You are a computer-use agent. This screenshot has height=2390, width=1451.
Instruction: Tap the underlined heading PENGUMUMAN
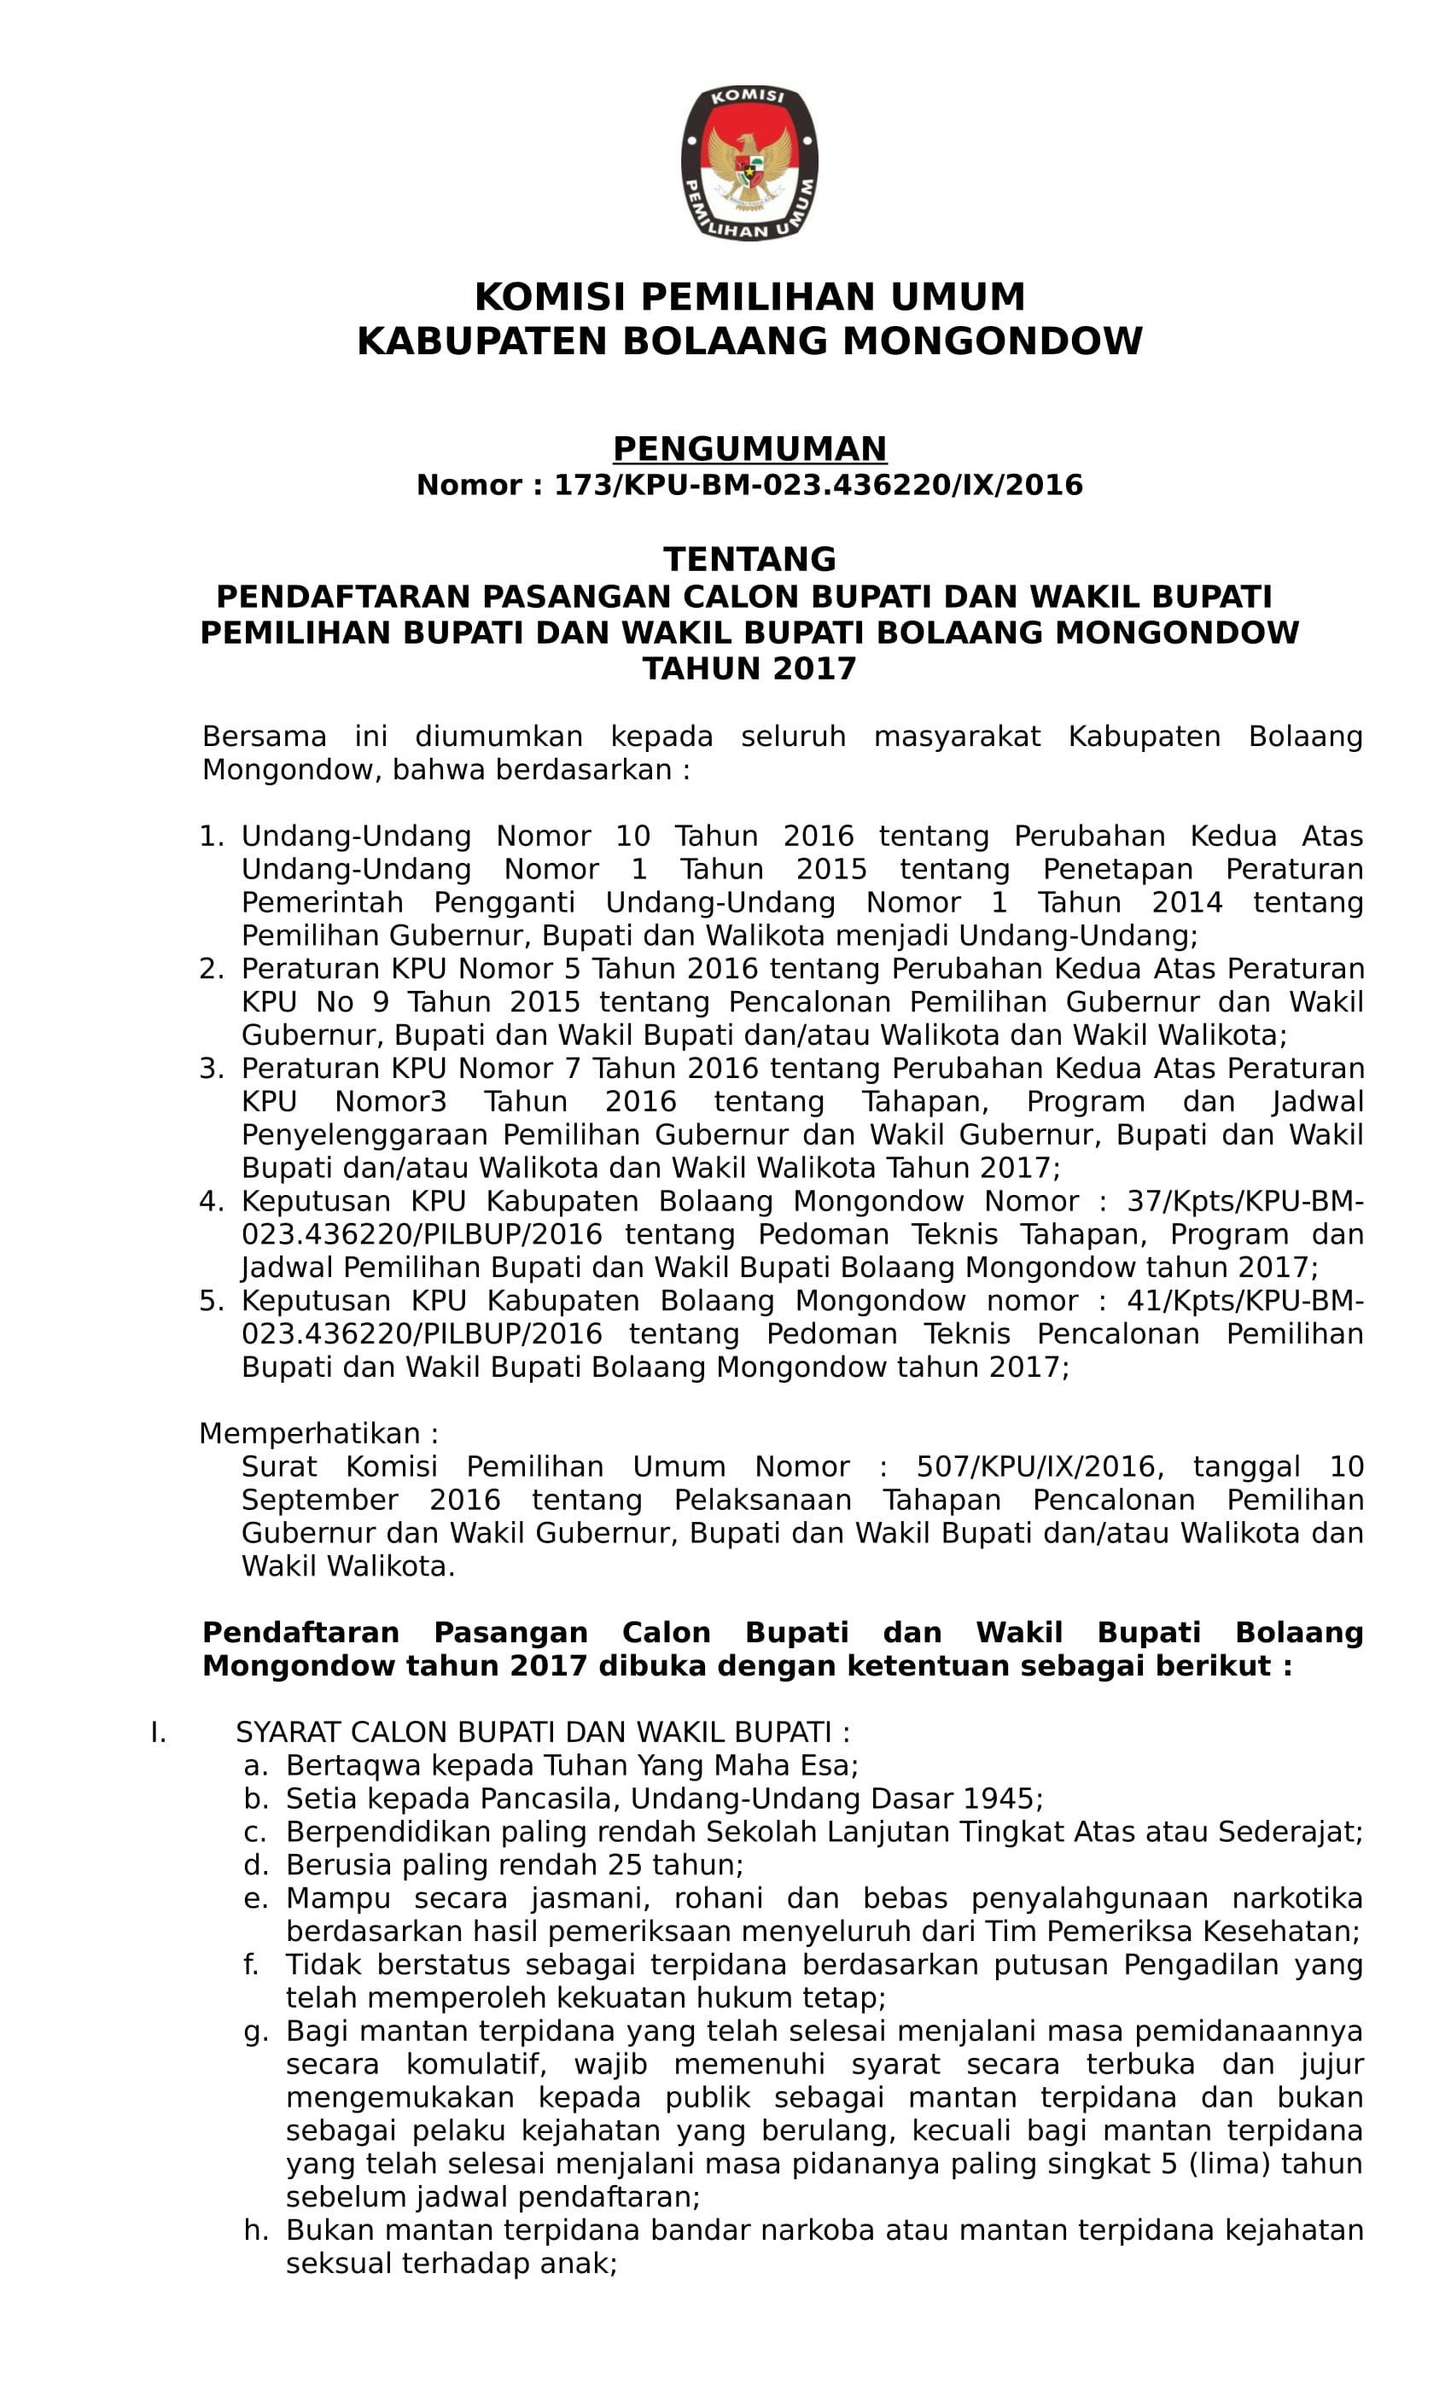[x=749, y=448]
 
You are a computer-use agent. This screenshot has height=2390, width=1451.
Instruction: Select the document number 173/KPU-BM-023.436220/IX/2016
[x=818, y=485]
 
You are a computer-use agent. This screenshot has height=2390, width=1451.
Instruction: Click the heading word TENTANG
[x=749, y=560]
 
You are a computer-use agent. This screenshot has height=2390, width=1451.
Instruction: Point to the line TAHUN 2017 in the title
[x=749, y=669]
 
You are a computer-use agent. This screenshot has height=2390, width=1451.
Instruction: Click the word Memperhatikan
[x=312, y=1434]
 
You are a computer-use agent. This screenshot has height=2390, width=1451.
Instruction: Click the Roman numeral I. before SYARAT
[x=158, y=1733]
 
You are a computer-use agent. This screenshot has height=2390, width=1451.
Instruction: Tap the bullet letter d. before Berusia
[x=255, y=1865]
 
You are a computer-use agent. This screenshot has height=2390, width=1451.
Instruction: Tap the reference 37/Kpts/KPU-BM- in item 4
[x=1244, y=1202]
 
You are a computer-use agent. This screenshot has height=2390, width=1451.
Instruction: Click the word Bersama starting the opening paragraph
[x=264, y=737]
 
